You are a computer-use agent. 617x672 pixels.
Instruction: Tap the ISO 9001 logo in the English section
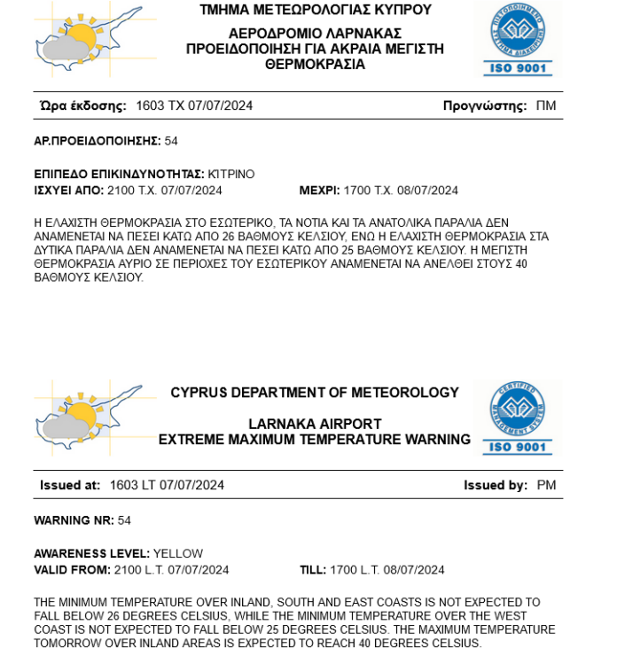click(x=518, y=418)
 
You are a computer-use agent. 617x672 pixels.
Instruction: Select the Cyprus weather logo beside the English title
click(x=88, y=417)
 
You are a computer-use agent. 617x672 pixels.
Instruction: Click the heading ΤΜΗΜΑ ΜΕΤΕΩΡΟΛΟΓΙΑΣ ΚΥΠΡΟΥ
click(x=316, y=11)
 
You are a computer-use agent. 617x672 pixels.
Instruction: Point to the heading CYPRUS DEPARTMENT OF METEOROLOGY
click(x=315, y=393)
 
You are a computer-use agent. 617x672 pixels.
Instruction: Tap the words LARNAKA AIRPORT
click(x=315, y=424)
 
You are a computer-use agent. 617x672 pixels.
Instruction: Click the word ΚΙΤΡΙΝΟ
click(x=231, y=175)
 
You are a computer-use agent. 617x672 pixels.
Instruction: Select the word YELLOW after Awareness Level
click(x=178, y=554)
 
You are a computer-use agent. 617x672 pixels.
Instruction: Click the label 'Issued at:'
click(x=70, y=486)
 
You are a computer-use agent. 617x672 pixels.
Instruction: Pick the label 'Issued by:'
click(x=496, y=486)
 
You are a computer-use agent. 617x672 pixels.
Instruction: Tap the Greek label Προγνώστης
click(x=485, y=106)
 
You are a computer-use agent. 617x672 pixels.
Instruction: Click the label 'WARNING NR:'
click(x=74, y=520)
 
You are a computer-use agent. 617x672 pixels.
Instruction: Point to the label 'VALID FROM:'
click(x=72, y=570)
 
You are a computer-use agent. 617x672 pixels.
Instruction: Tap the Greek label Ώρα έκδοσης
click(x=83, y=106)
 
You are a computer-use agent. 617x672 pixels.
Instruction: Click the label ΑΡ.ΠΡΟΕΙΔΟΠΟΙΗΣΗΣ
click(x=98, y=141)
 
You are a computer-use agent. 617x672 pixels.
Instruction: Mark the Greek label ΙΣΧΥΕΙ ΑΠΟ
click(x=69, y=191)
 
